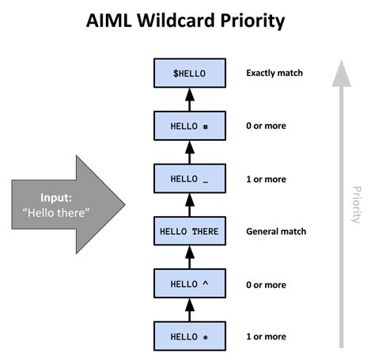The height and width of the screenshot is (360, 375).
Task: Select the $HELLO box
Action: coord(189,74)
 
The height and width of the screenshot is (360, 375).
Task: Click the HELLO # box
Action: coord(189,126)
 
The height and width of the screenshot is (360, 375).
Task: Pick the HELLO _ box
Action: coord(189,179)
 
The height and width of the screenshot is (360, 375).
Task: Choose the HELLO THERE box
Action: coord(189,232)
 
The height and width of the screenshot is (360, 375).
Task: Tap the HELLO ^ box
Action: coord(189,284)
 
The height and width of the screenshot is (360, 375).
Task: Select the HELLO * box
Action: coord(189,336)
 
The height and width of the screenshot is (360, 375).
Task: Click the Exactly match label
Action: coord(275,74)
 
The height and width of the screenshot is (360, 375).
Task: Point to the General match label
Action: coord(276,232)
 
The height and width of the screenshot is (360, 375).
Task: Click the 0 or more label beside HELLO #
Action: coord(267,126)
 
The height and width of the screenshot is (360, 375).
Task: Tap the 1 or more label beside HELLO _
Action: coord(267,179)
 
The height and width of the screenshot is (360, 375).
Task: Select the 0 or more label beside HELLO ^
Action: coord(267,284)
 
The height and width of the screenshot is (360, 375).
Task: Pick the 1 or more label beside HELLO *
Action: coord(267,336)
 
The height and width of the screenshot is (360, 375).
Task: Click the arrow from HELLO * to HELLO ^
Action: coord(189,310)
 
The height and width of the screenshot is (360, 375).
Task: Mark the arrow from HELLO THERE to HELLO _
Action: coord(189,205)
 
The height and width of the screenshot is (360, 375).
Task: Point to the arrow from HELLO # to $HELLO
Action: coord(189,100)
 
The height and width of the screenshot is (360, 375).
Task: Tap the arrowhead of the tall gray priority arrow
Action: coord(341,73)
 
